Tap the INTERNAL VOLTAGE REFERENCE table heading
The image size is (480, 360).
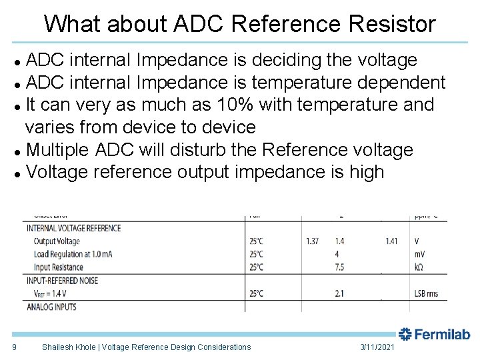pos(74,228)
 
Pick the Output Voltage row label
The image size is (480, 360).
pos(57,241)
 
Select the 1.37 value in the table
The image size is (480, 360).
pos(312,241)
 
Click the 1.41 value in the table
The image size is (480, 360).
pos(391,241)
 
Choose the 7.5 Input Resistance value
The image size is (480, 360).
pos(339,267)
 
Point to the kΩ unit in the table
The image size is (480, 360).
pos(418,267)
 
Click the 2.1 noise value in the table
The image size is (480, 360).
pos(339,293)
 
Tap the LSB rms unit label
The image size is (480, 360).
pos(428,293)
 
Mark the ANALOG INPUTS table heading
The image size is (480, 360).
pos(51,307)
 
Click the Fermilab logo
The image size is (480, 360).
pos(435,334)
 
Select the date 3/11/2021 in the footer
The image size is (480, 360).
pos(377,347)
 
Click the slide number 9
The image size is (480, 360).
pos(14,347)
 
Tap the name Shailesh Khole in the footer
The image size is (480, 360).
pos(71,347)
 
